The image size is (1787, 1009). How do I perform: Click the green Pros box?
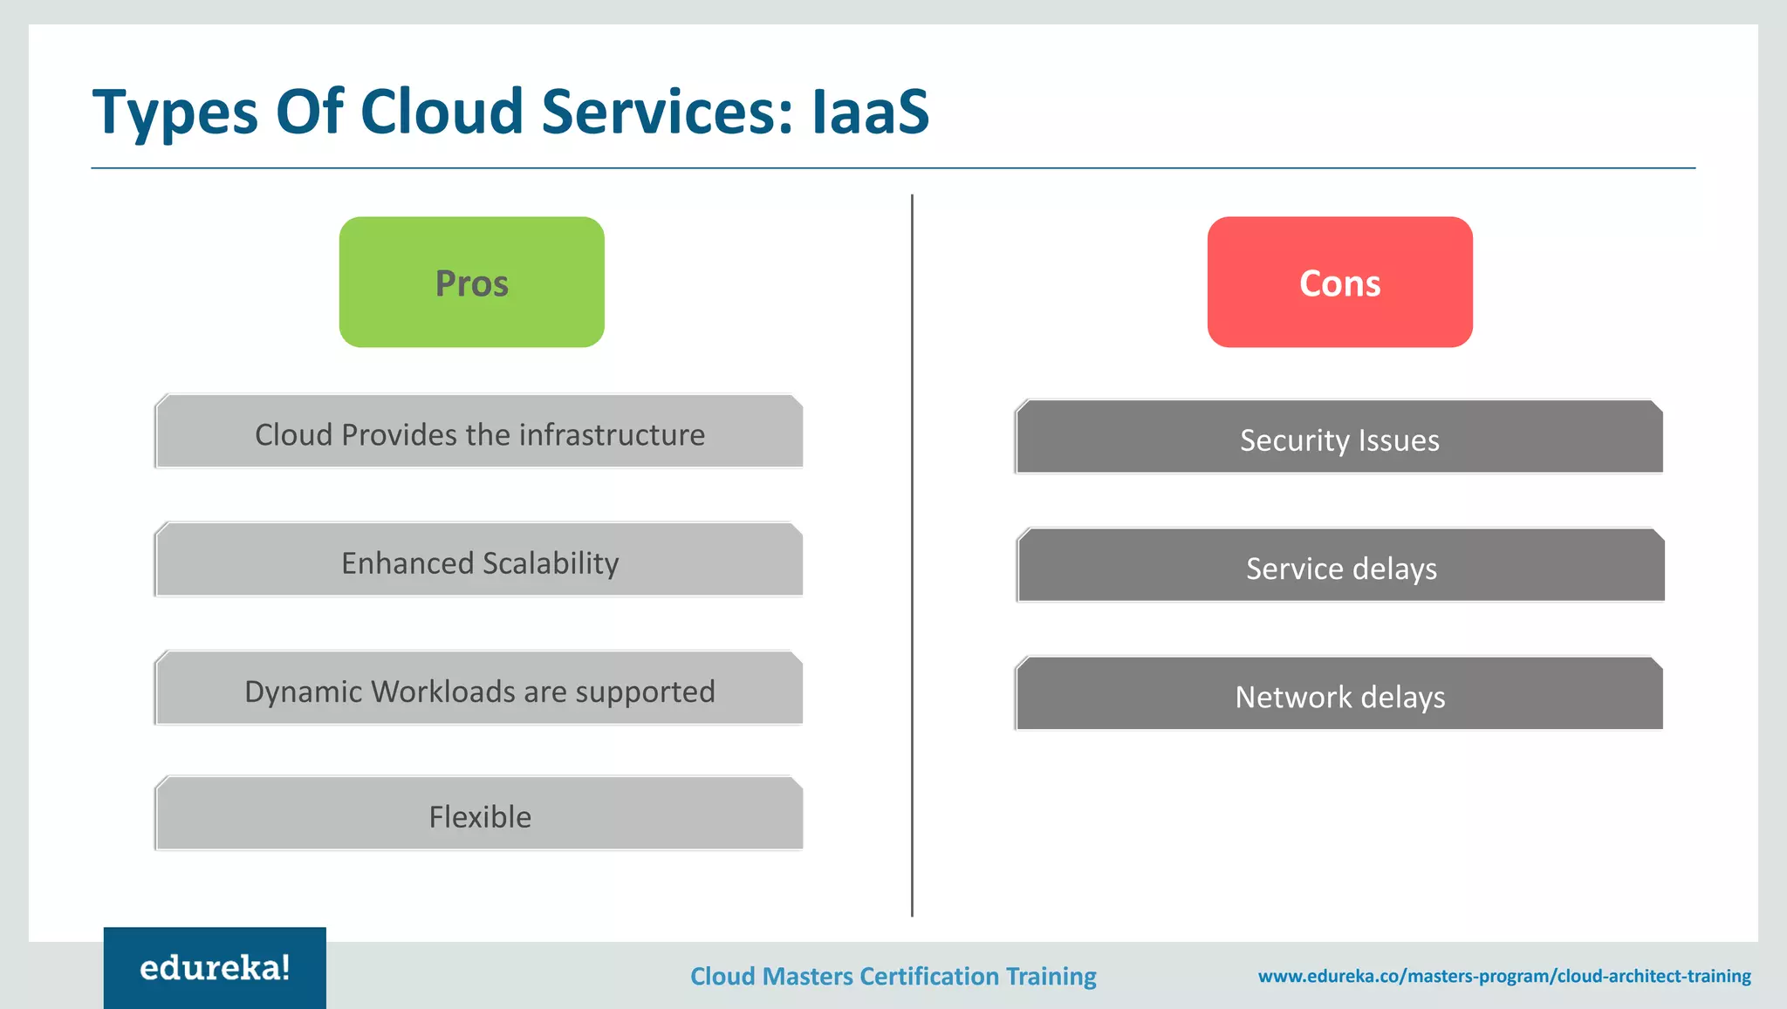pos(471,282)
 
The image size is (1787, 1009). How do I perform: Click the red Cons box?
pos(1339,282)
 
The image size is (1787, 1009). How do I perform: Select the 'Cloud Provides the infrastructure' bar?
pos(479,433)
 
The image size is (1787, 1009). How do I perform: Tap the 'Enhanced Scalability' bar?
pos(479,562)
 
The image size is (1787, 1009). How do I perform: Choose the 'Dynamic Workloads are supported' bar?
pos(479,690)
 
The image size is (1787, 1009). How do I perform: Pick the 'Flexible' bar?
pos(479,815)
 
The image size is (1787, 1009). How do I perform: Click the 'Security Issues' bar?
pos(1339,439)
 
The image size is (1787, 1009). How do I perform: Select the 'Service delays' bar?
pos(1341,567)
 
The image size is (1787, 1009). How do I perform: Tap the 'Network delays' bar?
pos(1339,695)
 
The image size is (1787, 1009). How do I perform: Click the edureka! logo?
pos(215,967)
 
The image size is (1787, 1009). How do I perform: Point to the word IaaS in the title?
pos(870,112)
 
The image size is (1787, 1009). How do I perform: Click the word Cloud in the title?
pos(441,112)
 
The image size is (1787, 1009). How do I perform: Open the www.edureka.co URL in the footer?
pos(1503,976)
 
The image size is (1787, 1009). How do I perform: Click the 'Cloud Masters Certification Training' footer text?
pos(893,976)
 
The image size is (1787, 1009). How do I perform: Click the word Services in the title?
pos(668,112)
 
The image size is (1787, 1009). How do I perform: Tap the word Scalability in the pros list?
pos(551,563)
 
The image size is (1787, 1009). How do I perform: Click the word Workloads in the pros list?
pos(442,692)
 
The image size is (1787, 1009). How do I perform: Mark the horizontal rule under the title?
pos(893,167)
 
